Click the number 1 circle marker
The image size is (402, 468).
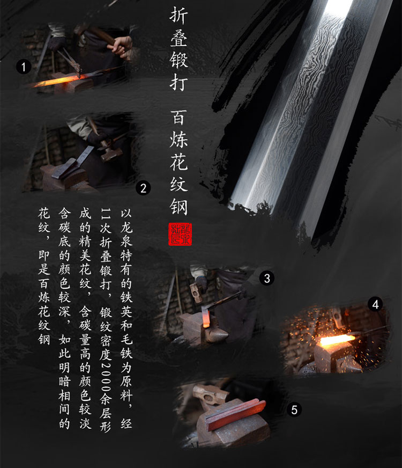[x=24, y=66]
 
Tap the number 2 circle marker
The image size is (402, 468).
[x=143, y=188]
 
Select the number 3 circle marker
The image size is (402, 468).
[x=267, y=278]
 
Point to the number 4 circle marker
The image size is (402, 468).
[x=375, y=304]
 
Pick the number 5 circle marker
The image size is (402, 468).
[x=294, y=409]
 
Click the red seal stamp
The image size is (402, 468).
[x=180, y=234]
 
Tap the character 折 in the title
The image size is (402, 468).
[x=179, y=15]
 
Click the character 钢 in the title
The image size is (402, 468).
[x=179, y=207]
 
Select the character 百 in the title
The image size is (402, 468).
[x=179, y=118]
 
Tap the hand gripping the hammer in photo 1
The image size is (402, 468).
[x=122, y=46]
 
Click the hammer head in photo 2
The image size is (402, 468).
[x=109, y=151]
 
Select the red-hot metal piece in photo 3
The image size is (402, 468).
[x=205, y=318]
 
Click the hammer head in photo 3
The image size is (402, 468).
[x=196, y=293]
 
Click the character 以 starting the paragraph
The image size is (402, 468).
[x=126, y=213]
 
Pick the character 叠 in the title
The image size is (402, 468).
[x=179, y=38]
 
